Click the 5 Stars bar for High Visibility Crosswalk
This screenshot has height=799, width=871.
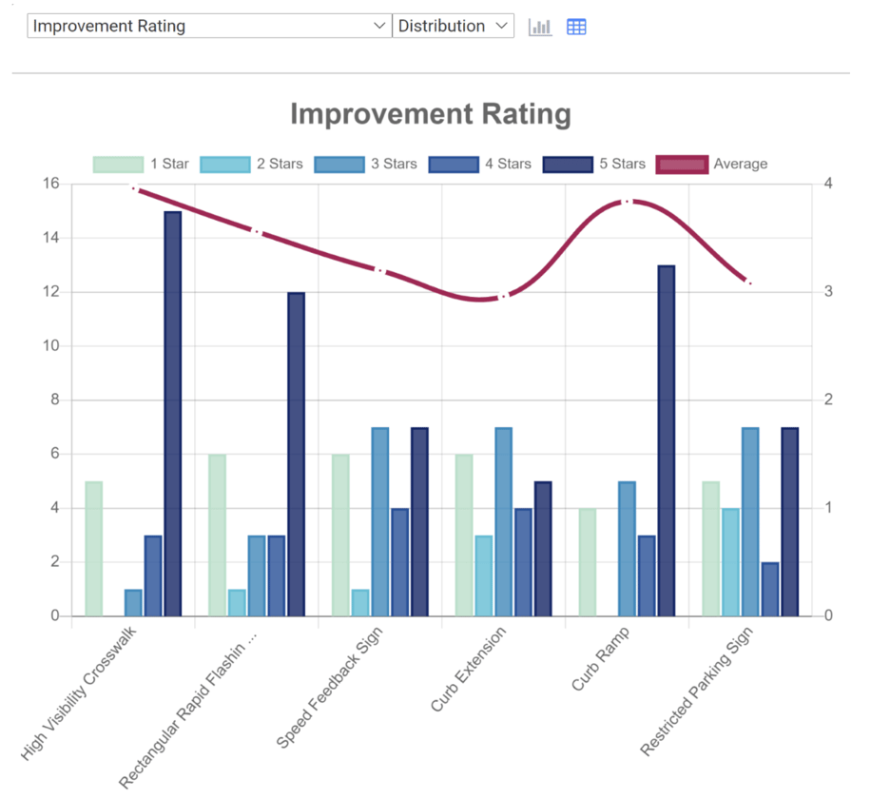(x=172, y=414)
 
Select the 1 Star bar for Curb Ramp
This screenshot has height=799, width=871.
(x=588, y=562)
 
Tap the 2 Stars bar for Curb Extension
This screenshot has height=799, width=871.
(x=484, y=575)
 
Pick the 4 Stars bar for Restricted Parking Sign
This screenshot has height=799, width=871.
(x=770, y=589)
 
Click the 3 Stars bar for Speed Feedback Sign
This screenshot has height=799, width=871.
(x=379, y=522)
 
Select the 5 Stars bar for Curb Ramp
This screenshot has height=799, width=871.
(x=666, y=440)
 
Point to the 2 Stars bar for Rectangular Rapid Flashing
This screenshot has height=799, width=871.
(x=237, y=602)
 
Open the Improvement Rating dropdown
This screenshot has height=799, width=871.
(x=209, y=26)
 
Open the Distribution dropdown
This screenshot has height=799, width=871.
(x=454, y=26)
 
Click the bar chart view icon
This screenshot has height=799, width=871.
(x=540, y=27)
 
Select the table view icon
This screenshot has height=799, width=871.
(x=576, y=27)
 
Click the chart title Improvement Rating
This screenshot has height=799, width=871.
(x=430, y=115)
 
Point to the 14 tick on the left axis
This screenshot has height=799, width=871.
(x=52, y=238)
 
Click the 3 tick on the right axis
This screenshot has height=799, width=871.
(x=828, y=292)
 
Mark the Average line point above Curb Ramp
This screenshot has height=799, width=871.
(x=628, y=202)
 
